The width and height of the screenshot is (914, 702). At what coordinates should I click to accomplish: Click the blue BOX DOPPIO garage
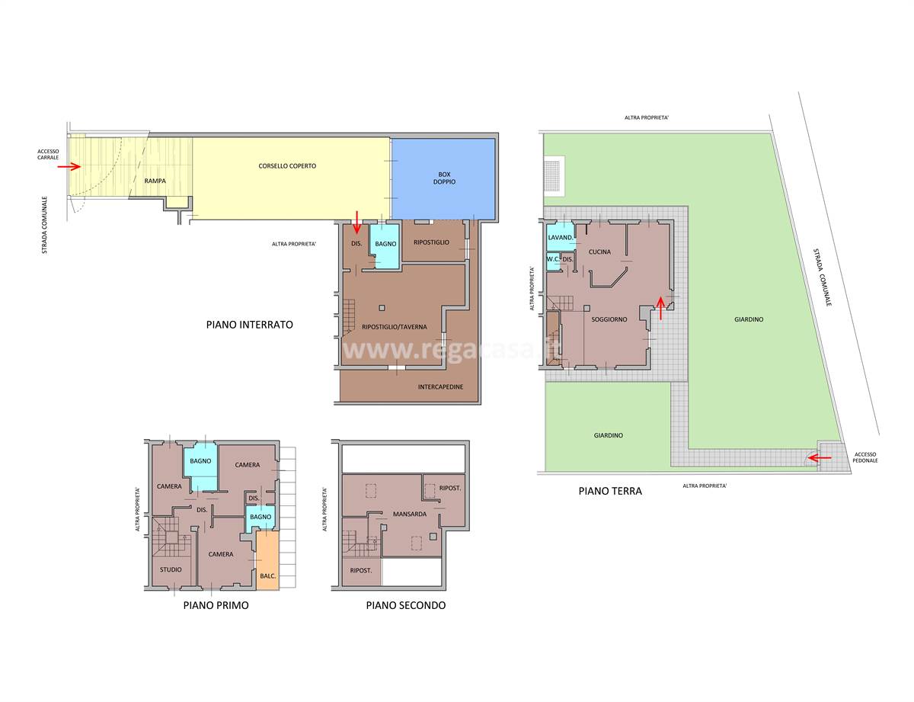pyautogui.click(x=443, y=179)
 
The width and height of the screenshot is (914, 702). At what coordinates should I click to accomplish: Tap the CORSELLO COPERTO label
pyautogui.click(x=287, y=166)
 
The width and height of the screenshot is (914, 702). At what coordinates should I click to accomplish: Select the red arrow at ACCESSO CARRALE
pyautogui.click(x=69, y=167)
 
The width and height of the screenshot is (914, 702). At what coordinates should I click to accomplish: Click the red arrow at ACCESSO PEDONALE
pyautogui.click(x=820, y=457)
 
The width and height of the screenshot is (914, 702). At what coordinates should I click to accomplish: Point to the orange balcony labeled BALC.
pyautogui.click(x=267, y=559)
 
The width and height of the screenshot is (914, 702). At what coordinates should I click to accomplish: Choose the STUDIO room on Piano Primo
pyautogui.click(x=171, y=571)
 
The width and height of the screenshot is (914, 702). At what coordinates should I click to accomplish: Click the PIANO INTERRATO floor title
pyautogui.click(x=249, y=325)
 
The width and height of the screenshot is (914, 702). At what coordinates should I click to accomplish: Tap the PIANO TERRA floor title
pyautogui.click(x=610, y=491)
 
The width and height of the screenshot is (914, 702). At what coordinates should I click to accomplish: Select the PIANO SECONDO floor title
pyautogui.click(x=405, y=605)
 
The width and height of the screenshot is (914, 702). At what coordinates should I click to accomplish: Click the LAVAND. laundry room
pyautogui.click(x=561, y=237)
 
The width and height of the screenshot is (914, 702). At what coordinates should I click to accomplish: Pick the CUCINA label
pyautogui.click(x=599, y=252)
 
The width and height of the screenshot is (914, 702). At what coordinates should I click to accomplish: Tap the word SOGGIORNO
pyautogui.click(x=609, y=319)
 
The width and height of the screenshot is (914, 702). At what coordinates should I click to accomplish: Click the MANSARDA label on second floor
pyautogui.click(x=409, y=514)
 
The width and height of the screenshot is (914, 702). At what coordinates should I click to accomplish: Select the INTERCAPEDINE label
pyautogui.click(x=440, y=386)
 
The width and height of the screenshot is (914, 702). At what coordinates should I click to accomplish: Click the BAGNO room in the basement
pyautogui.click(x=385, y=246)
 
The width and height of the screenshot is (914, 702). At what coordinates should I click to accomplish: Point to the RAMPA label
pyautogui.click(x=155, y=181)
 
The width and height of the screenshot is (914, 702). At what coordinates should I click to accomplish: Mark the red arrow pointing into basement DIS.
pyautogui.click(x=356, y=223)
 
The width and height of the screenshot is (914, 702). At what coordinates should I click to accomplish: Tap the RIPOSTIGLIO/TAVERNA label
pyautogui.click(x=394, y=326)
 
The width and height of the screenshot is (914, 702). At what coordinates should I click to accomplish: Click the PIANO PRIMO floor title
pyautogui.click(x=216, y=605)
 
